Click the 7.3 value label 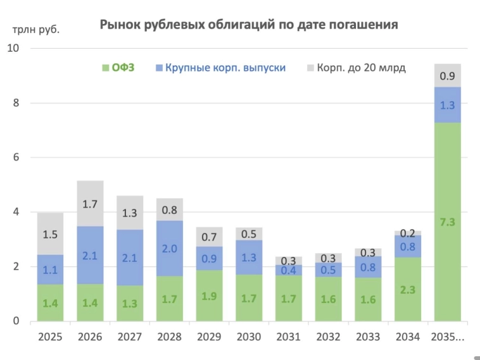pos(447,221)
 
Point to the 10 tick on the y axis pos(13,48)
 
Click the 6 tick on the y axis pos(16,158)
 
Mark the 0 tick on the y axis pos(16,321)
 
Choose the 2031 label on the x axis pos(289,337)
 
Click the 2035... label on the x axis pos(447,337)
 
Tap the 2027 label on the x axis pos(130,337)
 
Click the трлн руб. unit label pos(36,28)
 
